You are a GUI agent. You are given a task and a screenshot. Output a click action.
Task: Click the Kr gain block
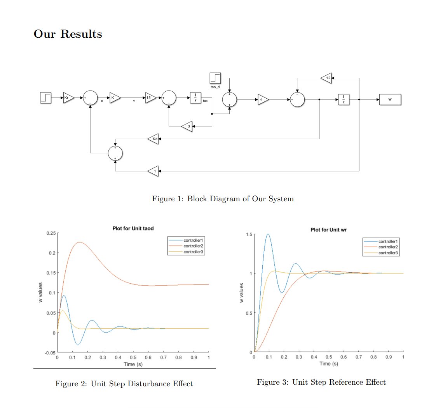pos(68,98)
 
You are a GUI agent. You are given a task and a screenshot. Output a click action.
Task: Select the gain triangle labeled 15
pos(150,98)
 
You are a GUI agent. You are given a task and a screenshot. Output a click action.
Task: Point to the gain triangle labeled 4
pos(263,99)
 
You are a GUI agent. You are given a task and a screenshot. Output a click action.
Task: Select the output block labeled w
pos(390,99)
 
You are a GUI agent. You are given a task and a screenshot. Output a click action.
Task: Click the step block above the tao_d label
pos(215,78)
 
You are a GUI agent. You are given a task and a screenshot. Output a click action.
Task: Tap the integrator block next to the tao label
pos(195,98)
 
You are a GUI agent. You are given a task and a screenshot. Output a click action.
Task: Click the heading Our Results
pos(68,34)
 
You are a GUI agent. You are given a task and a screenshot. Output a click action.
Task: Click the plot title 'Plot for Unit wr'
pos(328,230)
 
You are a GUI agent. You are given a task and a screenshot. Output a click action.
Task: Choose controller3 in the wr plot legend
pos(389,253)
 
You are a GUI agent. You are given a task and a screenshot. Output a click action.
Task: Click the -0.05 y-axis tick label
pos(49,353)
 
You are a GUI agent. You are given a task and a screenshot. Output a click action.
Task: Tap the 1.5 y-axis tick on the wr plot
pos(247,234)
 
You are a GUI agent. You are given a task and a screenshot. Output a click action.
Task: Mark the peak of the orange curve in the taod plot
pos(79,242)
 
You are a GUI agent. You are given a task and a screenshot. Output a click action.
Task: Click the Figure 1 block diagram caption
pos(223,199)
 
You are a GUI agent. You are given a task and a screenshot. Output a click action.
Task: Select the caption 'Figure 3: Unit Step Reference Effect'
pos(321,382)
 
